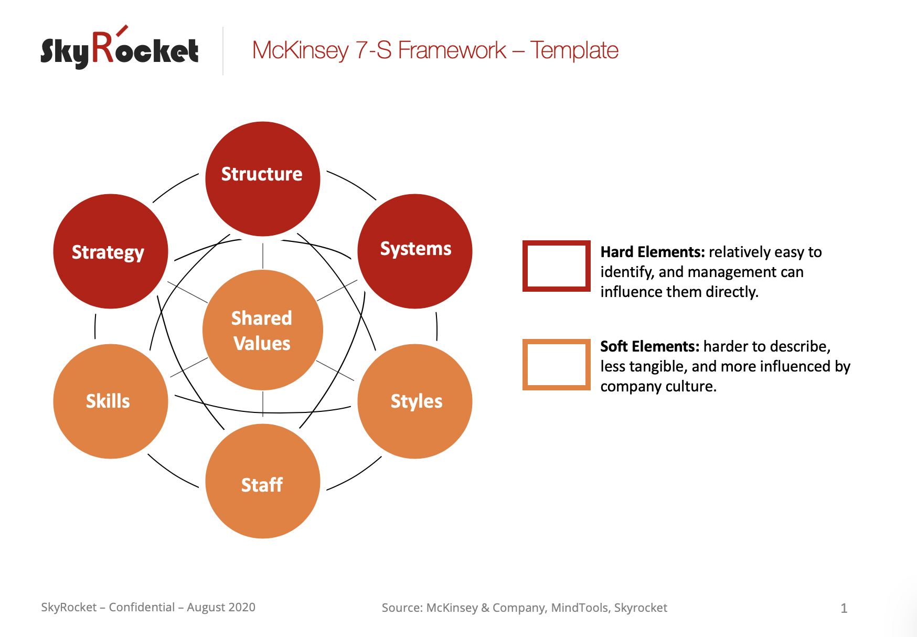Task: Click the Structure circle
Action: pos(263,179)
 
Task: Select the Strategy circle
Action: pos(111,251)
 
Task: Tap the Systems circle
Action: pos(415,251)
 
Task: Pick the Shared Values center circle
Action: pos(263,330)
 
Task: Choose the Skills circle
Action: pos(111,401)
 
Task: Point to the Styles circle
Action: pos(415,401)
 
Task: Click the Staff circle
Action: pos(263,481)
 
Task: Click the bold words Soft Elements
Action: pos(650,347)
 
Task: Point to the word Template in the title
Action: pos(574,50)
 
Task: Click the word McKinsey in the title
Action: pos(300,51)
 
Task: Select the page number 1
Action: pos(844,608)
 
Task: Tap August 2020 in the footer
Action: pos(221,608)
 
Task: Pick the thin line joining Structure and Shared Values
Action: pos(263,253)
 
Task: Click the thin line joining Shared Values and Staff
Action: pos(263,404)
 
